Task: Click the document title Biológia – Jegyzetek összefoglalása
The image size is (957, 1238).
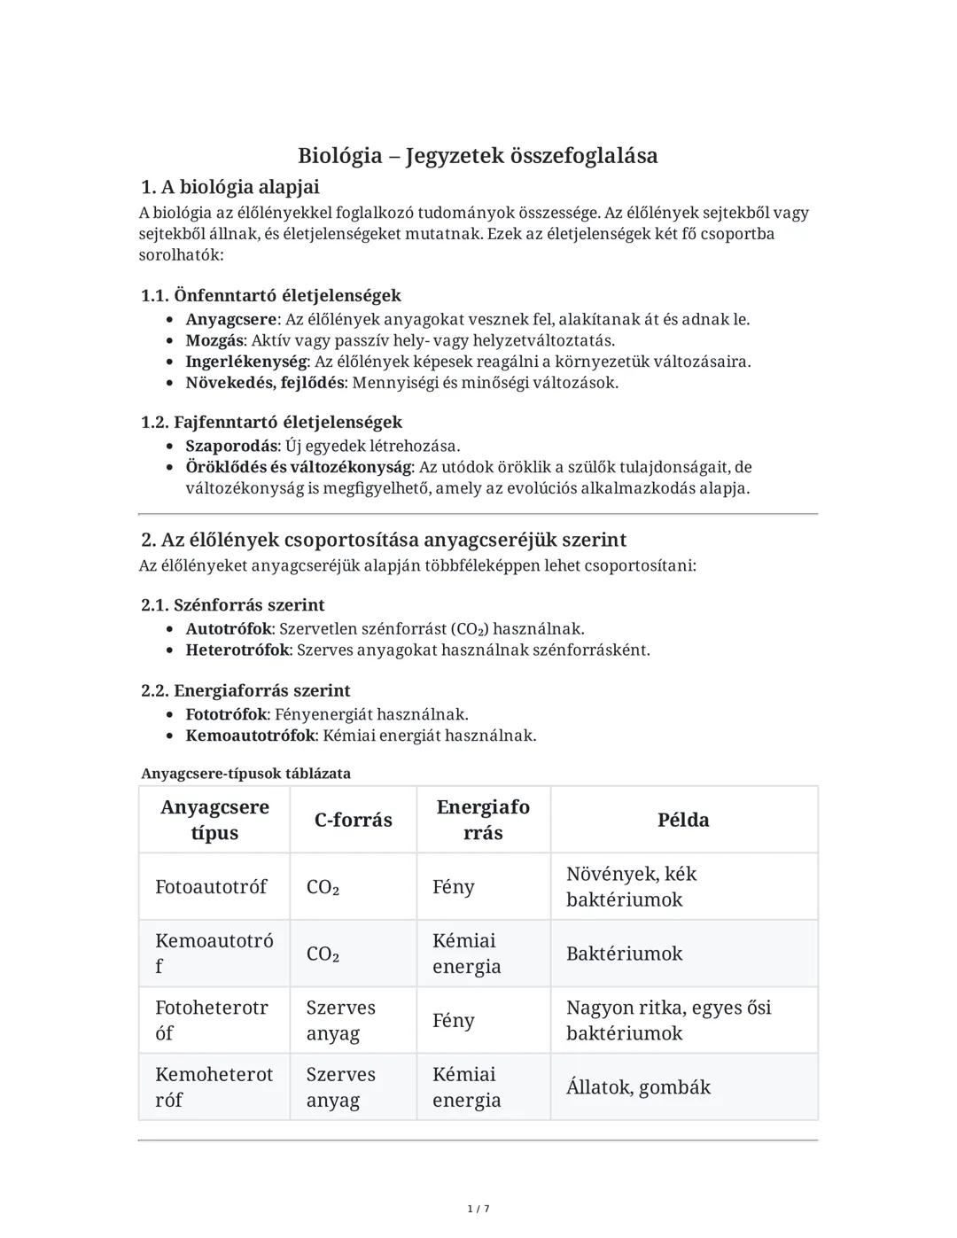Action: (x=478, y=156)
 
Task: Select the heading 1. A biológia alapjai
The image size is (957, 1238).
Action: (x=230, y=187)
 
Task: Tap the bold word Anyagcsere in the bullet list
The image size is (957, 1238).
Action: (x=231, y=319)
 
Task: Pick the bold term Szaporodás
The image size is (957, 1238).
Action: (x=231, y=446)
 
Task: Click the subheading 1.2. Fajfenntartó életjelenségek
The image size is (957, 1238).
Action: (x=271, y=422)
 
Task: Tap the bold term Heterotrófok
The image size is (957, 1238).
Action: (x=237, y=650)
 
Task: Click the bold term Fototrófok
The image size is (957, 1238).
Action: (x=226, y=714)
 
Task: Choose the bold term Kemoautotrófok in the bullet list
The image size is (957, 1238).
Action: (x=250, y=736)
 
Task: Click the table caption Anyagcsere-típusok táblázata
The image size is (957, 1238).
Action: (x=245, y=774)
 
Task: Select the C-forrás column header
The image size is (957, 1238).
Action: (x=353, y=820)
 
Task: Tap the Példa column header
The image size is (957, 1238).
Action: (x=683, y=820)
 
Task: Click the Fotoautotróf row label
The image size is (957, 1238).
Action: (x=211, y=887)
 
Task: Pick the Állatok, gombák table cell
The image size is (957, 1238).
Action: (x=638, y=1087)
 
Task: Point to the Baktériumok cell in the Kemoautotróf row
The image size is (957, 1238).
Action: (x=624, y=954)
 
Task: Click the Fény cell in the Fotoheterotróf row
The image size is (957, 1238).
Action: (x=453, y=1021)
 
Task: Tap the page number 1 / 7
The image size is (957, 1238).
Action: (x=478, y=1209)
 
